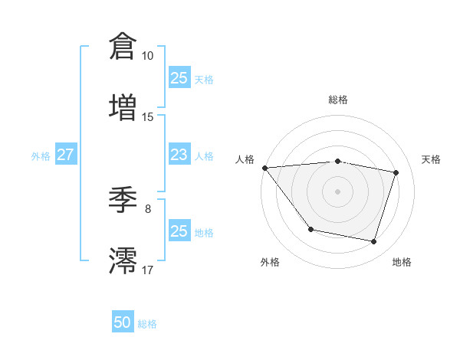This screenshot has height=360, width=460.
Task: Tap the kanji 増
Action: point(123,106)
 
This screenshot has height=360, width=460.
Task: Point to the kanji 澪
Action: point(123,260)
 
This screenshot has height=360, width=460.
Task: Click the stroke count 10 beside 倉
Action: point(147,56)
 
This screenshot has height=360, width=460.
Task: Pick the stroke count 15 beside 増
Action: point(147,116)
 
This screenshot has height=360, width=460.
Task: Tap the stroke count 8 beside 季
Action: point(148,209)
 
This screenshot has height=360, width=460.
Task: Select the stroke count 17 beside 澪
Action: point(147,270)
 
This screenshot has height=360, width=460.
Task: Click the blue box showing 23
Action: point(179,155)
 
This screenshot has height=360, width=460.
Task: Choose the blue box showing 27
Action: point(65,155)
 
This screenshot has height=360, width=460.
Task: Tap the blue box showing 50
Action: point(123,323)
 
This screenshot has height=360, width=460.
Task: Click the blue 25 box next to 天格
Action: point(179,78)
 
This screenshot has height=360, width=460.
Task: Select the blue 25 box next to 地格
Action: point(179,231)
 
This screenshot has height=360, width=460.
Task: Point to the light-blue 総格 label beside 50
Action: point(147,324)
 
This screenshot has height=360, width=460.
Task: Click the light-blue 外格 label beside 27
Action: point(41,156)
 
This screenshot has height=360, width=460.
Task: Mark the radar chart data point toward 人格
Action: point(264,168)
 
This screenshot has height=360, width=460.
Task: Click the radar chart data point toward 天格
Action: point(396,172)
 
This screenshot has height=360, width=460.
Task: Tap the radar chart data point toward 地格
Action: point(373,241)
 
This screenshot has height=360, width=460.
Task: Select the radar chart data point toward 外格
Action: point(310,229)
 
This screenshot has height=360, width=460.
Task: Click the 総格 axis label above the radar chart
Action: point(337,100)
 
